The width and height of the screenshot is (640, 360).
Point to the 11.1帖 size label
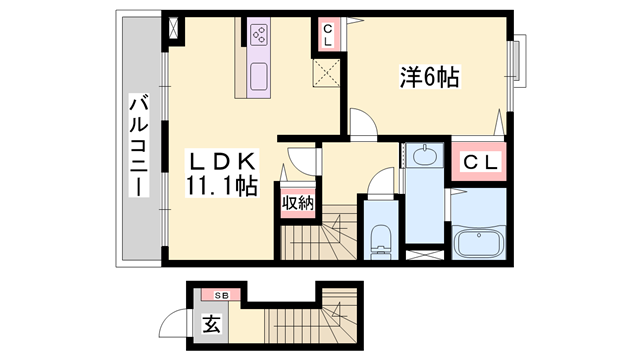[221, 185]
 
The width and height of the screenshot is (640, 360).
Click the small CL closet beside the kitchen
[327, 35]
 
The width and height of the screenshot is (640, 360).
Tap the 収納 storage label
[297, 202]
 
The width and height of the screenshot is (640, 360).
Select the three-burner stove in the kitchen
[259, 37]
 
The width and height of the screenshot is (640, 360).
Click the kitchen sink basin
[259, 75]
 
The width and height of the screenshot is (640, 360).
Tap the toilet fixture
[379, 240]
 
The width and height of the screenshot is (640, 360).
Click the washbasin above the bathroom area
[424, 156]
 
